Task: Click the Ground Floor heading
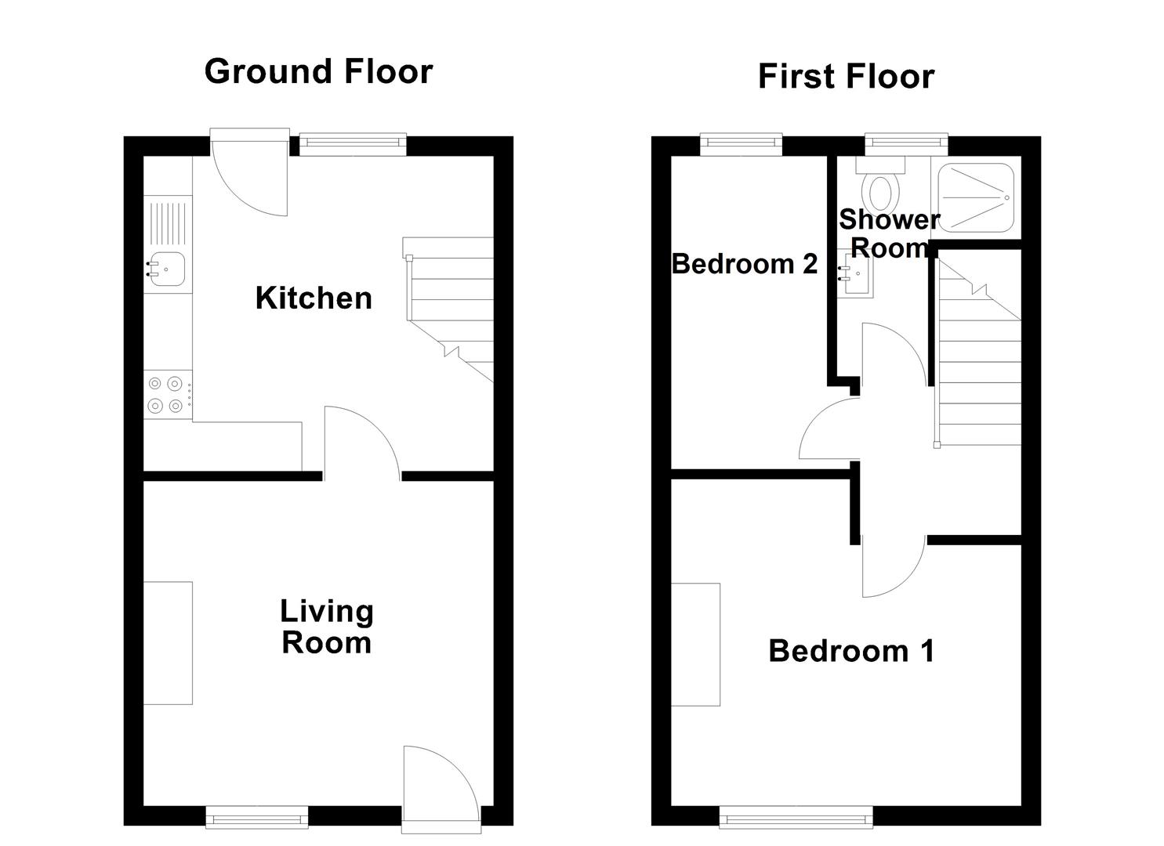318,72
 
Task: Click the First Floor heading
846,77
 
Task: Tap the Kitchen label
314,298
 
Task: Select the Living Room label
327,627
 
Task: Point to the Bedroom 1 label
851,651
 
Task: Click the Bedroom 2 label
745,264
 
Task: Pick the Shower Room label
889,233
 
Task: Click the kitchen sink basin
167,269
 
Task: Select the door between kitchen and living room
362,443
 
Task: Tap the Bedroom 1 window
796,819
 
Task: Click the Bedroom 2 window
741,142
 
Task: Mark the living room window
257,819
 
